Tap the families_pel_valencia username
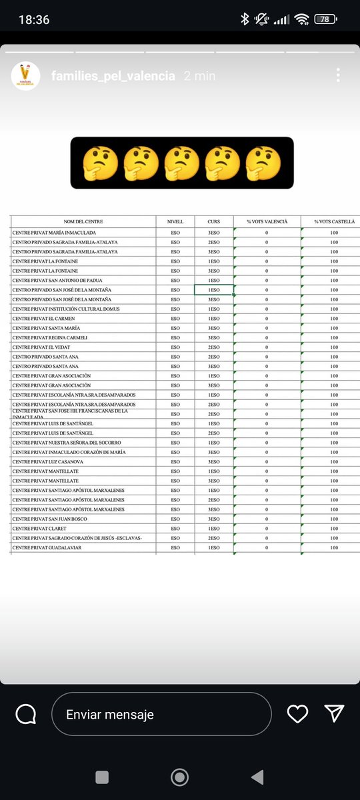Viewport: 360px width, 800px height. coord(113,76)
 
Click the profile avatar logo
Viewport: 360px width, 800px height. coord(25,75)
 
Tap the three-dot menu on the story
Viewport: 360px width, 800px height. coord(338,75)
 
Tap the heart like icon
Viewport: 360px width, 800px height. coord(297,714)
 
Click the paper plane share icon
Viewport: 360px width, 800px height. coord(333,714)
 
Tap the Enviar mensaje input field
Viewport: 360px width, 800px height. coord(161,715)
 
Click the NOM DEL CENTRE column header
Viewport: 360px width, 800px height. coord(83,221)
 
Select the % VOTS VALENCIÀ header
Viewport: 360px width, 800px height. coord(267,221)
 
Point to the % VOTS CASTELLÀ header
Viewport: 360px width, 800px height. coord(334,221)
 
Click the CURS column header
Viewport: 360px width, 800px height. coord(213,221)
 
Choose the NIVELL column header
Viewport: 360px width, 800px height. coord(175,221)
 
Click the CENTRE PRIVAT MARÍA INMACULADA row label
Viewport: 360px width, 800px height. coord(54,233)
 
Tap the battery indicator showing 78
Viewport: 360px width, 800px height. coord(325,19)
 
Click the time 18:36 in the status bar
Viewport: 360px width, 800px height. coord(34,20)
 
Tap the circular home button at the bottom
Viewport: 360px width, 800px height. coord(179,777)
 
